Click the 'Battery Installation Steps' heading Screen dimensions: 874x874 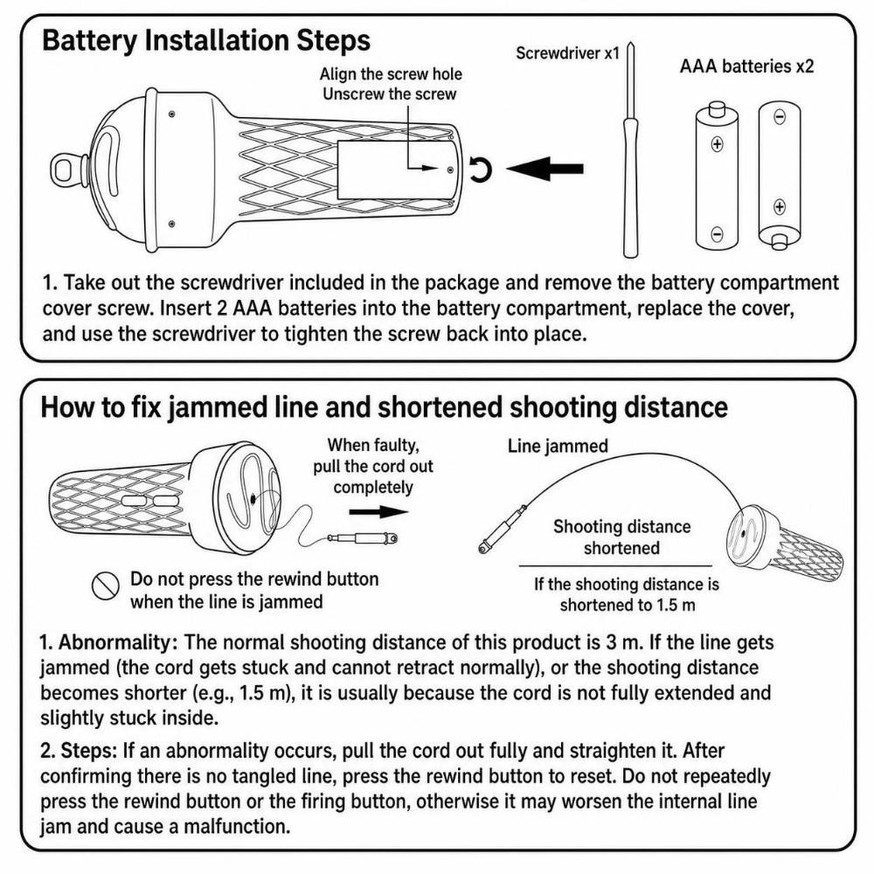205,41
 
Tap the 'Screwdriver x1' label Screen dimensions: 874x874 567,53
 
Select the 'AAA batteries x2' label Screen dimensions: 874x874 746,66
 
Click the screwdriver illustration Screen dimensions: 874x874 630,149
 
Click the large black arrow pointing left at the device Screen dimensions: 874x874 545,169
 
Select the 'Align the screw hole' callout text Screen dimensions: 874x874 391,74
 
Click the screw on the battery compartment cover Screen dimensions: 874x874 450,169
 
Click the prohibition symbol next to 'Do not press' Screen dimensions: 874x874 106,586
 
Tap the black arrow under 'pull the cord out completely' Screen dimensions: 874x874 378,511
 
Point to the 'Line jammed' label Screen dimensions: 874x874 558,446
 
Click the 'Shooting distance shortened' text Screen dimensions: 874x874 621,538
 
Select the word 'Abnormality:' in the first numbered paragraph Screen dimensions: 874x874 118,642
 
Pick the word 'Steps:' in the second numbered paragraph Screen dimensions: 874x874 89,751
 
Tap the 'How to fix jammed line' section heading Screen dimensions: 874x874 384,407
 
